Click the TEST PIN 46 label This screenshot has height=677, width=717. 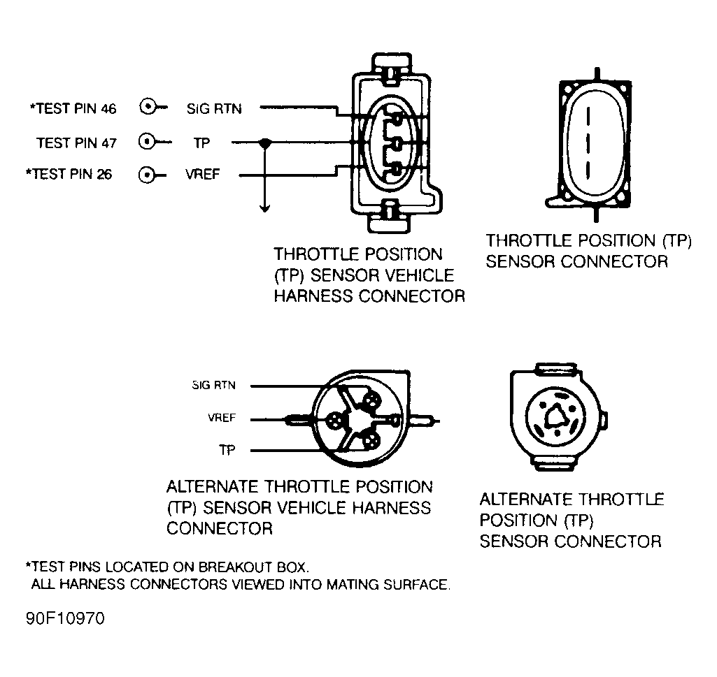click(x=72, y=108)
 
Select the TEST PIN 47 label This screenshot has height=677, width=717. click(x=76, y=143)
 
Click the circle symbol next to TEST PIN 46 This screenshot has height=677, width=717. click(x=148, y=108)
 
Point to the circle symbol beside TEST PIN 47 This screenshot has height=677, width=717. click(x=148, y=143)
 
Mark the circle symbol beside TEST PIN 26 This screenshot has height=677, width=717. click(x=148, y=175)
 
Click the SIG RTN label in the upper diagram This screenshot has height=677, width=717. click(x=214, y=108)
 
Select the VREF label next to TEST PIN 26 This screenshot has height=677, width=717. click(x=202, y=175)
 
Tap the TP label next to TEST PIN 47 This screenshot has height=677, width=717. click(x=201, y=143)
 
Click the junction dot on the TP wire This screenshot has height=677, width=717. click(x=264, y=143)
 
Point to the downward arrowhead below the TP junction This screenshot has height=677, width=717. click(x=264, y=208)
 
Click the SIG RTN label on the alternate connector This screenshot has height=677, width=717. click(x=213, y=385)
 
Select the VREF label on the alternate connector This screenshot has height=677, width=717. click(x=222, y=418)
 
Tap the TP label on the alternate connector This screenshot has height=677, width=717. click(x=227, y=451)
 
